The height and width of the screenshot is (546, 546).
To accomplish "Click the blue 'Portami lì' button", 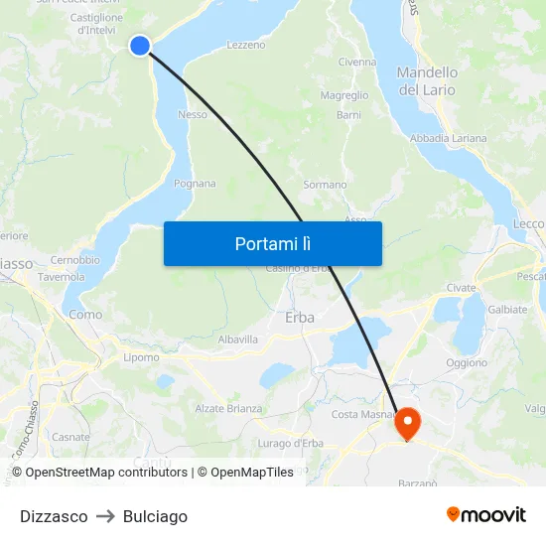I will point(272,243).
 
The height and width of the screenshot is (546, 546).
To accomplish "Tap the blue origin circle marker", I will point(140,45).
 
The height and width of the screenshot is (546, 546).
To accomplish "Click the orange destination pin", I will point(407,424).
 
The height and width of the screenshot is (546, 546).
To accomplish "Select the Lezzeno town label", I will point(246,45).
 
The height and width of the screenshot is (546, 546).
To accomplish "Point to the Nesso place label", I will point(193,114).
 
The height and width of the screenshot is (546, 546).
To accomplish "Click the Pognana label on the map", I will point(195,184).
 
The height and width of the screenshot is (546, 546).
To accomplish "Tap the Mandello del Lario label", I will point(427,80).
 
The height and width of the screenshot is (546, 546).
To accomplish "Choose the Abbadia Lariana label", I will point(449,138).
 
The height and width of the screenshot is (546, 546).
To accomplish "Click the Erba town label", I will point(300,318).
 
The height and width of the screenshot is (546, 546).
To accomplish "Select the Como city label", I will point(85,314).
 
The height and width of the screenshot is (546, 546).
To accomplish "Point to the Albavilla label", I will point(238,340).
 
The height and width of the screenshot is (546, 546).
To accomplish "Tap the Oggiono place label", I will point(467,363).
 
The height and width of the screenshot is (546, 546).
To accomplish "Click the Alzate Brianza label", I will point(228,408).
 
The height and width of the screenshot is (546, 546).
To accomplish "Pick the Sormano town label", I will point(325,185).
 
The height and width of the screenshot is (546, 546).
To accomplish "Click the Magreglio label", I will point(344,96).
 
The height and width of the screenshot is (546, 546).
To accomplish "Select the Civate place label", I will point(461,287).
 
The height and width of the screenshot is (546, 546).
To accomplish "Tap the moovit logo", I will point(486,514).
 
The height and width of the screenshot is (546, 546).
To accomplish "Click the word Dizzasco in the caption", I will point(54,516).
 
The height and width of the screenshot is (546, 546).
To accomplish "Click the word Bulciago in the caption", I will point(155,516).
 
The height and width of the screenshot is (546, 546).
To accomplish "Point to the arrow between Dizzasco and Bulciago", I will point(105,516).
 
